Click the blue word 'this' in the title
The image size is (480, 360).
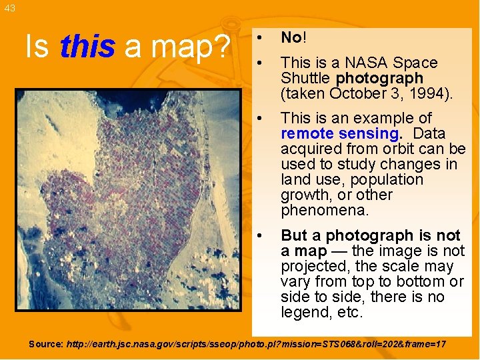(87, 47)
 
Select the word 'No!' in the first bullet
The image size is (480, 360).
(293, 37)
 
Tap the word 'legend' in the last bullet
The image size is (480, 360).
(303, 312)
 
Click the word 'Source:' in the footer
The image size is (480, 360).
(46, 345)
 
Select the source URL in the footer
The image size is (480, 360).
(256, 345)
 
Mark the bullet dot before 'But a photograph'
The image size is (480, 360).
(265, 235)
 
